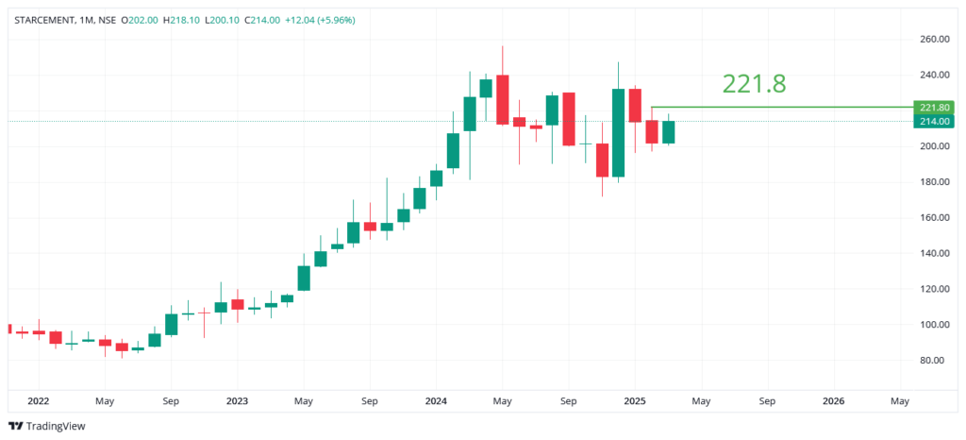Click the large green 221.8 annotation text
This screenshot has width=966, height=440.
point(754,84)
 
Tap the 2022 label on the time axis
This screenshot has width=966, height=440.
point(39,400)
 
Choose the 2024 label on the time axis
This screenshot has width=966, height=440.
point(436,400)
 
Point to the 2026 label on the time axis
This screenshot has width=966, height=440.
point(833,400)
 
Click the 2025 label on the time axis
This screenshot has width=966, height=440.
point(635,400)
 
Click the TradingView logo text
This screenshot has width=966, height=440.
point(55,426)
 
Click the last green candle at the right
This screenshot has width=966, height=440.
point(668,132)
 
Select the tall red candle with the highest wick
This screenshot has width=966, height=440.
point(502,99)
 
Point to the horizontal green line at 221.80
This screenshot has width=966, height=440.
point(783,107)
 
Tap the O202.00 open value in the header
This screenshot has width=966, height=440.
point(139,20)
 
